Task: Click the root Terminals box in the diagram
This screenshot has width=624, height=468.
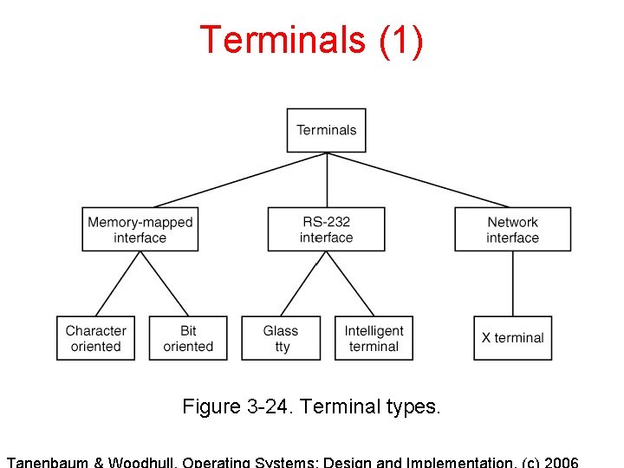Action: [x=326, y=130]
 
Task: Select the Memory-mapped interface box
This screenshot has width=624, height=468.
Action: [x=140, y=230]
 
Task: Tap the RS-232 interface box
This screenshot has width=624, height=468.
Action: [x=326, y=230]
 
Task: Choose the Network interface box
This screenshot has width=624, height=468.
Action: [x=512, y=230]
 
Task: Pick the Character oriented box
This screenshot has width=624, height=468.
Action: [x=95, y=338]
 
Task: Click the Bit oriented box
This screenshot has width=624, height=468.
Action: [x=188, y=338]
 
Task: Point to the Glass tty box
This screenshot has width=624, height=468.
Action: [x=281, y=338]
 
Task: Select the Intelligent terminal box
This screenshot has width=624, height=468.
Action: [x=374, y=338]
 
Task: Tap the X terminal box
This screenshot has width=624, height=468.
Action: [x=512, y=338]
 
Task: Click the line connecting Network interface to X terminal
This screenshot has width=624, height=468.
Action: [x=513, y=283]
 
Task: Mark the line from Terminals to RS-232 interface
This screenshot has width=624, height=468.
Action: [x=327, y=179]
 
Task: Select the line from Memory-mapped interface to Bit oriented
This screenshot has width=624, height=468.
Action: [x=164, y=283]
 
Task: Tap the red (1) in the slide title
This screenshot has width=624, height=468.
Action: [x=400, y=41]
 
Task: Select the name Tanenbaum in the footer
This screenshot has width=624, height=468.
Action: [x=51, y=461]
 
